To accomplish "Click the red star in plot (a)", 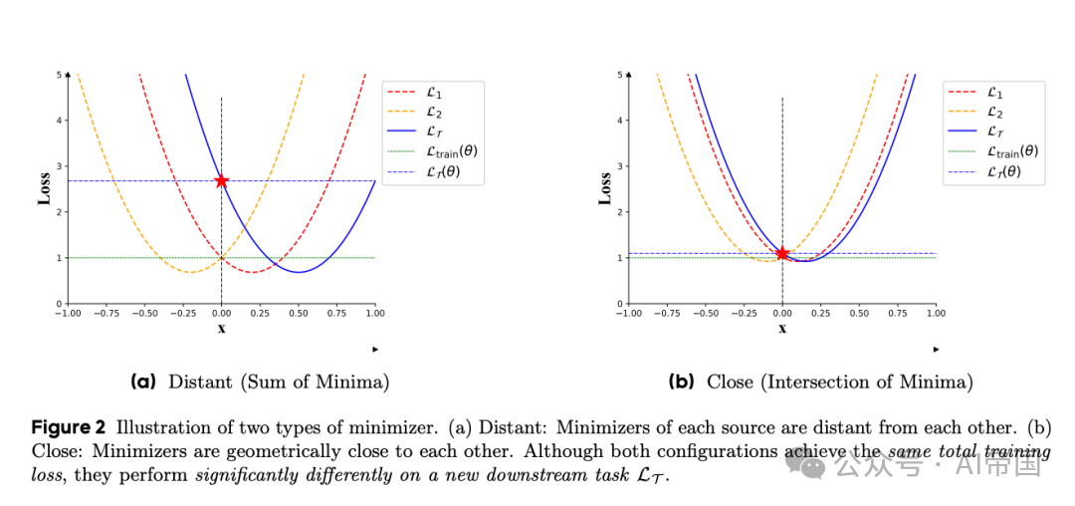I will click(221, 180).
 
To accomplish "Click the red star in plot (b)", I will click(782, 253).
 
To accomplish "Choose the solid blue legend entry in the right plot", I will click(995, 131).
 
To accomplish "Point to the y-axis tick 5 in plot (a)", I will click(59, 75).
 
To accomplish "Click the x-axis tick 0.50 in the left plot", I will click(298, 313).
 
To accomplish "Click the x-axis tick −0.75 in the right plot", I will click(666, 313).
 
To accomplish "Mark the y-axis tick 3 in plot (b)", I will click(620, 166).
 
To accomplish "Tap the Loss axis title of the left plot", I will click(45, 189).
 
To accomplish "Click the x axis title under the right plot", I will click(781, 329).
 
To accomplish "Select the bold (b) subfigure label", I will click(683, 381).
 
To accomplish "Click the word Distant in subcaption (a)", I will click(199, 381).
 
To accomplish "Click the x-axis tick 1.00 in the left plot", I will click(374, 313).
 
